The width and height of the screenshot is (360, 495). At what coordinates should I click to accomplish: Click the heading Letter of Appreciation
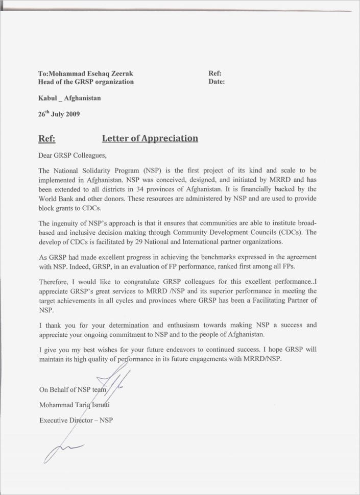click(150, 138)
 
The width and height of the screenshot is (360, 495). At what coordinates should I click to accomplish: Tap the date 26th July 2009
click(59, 115)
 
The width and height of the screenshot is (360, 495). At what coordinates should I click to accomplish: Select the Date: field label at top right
click(217, 82)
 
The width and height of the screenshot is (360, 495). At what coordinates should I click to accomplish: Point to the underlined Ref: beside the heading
click(47, 138)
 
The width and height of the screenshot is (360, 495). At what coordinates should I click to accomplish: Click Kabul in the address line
click(47, 98)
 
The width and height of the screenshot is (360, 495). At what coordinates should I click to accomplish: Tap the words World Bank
click(56, 199)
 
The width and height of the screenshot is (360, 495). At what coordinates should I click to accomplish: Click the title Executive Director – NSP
click(76, 420)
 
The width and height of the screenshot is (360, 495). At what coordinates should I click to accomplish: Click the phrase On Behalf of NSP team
click(73, 390)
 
